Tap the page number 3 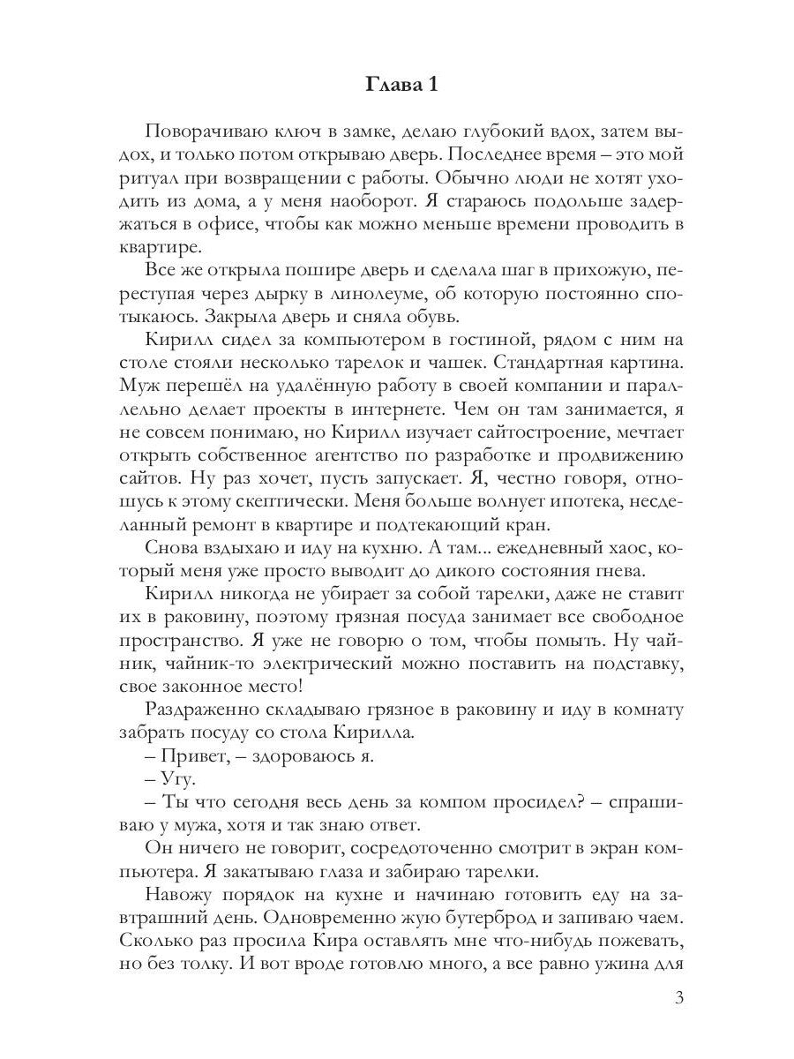click(678, 998)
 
